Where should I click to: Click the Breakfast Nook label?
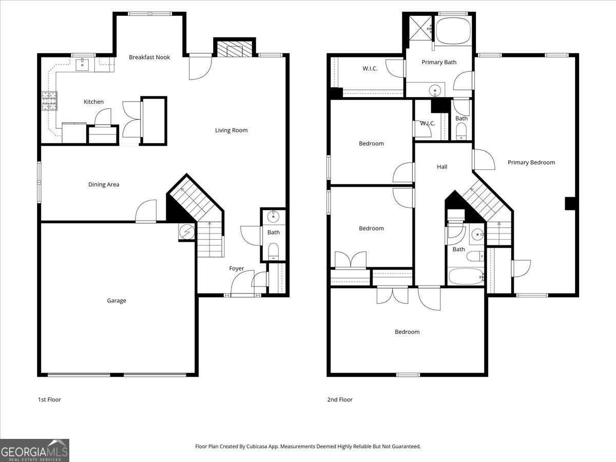point(149,57)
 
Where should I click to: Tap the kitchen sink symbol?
point(83,65)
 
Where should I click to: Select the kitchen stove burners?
point(49,101)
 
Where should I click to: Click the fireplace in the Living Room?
point(235,50)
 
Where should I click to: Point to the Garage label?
point(117,300)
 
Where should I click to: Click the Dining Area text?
point(104,184)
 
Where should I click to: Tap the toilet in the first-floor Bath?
point(273,251)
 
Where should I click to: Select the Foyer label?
point(237,268)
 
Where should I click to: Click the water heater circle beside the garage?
point(187,232)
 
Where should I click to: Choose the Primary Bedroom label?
point(531,162)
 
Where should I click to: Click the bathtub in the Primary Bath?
point(453,30)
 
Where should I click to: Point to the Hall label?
point(442,166)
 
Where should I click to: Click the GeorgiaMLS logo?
point(34,450)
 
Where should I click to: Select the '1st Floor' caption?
point(49,399)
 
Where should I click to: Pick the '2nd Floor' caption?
point(340,399)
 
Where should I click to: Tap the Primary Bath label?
point(439,62)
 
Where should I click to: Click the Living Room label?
point(231,130)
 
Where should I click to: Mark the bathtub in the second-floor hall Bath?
point(466,276)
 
